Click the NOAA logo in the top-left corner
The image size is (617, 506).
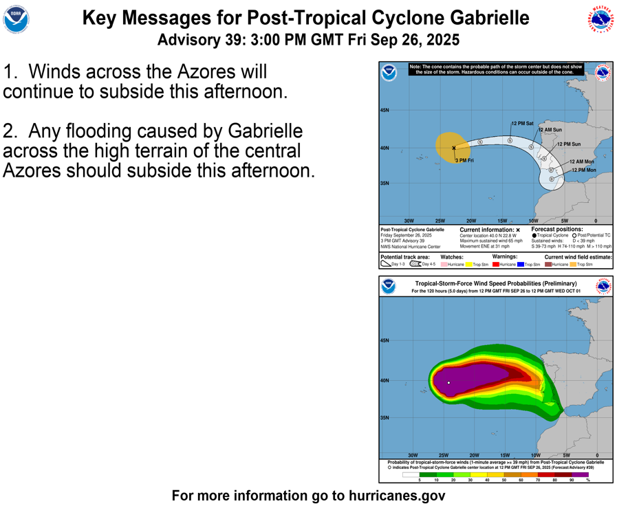[16, 20]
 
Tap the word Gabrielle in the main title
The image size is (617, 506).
[485, 18]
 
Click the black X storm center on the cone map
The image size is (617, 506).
[454, 148]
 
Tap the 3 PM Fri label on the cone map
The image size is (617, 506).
[464, 160]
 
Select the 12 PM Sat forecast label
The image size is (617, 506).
[522, 124]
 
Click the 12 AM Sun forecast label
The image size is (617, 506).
[550, 130]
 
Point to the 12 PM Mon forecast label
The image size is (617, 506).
[583, 170]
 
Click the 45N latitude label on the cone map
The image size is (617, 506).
[385, 110]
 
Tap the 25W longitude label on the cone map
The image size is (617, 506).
[440, 221]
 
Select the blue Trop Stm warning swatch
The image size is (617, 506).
[520, 264]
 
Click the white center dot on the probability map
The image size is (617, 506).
[448, 383]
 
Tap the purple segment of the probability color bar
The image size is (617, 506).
[580, 474]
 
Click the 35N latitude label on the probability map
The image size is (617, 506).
[385, 417]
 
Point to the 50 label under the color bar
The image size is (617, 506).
[504, 480]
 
